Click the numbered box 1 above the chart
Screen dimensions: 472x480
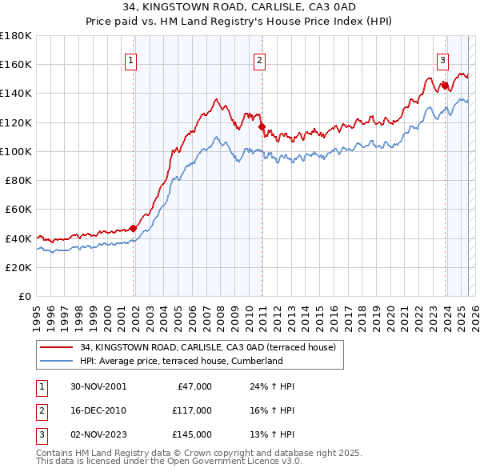point(130,58)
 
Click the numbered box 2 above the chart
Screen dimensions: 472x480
point(260,58)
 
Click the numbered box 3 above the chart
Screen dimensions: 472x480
point(442,58)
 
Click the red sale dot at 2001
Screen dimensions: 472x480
point(134,228)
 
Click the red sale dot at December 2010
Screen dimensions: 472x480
point(262,126)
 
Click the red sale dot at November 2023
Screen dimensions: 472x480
point(444,85)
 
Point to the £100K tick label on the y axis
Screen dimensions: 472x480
point(16,151)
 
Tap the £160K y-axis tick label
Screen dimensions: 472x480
point(16,64)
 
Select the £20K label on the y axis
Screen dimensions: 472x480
point(18,267)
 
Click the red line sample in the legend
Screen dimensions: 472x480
point(56,347)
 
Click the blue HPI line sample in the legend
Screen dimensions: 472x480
point(56,361)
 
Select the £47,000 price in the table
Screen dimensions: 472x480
point(192,386)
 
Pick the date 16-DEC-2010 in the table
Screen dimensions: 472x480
point(98,410)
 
